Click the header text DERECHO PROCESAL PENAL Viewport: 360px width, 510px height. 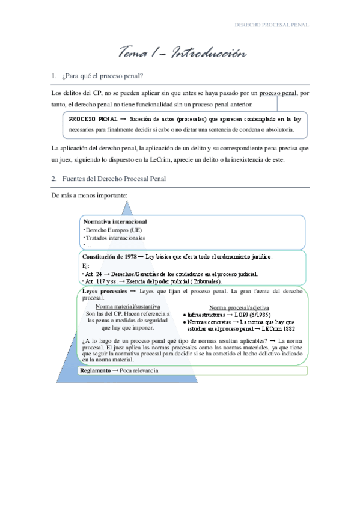(x=271, y=25)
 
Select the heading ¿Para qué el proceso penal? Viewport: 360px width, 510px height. (x=102, y=76)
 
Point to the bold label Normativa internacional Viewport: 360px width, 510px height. (x=115, y=221)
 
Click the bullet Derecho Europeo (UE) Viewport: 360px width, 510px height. (x=110, y=230)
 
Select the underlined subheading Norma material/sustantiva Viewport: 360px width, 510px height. (x=128, y=307)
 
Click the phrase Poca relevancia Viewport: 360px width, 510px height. (x=139, y=371)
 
